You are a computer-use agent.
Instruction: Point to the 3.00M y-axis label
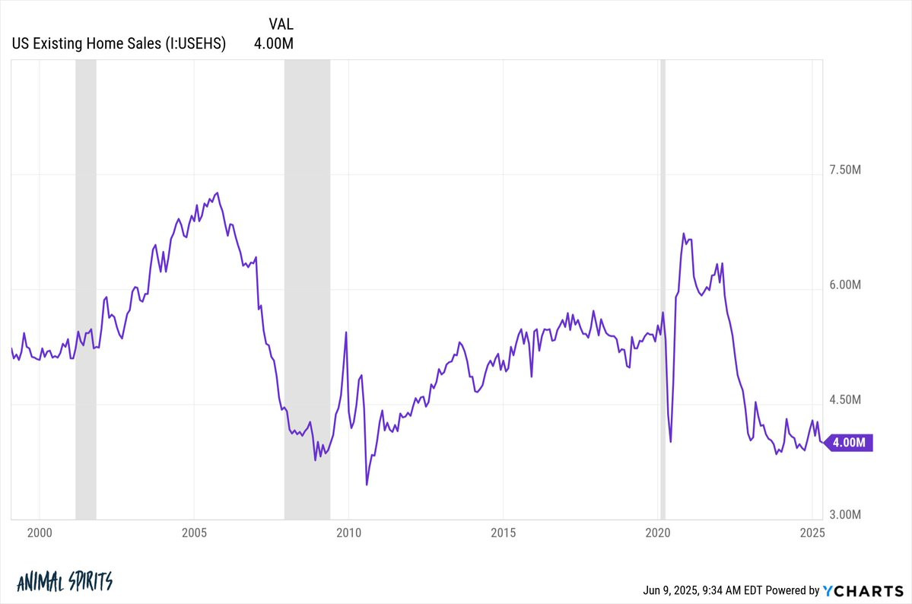(845, 514)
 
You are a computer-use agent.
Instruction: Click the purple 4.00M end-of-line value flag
(849, 443)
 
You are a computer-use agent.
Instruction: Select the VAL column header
(281, 24)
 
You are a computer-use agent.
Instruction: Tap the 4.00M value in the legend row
(273, 43)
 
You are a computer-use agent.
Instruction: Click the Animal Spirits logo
(65, 582)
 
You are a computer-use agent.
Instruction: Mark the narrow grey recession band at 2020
(663, 289)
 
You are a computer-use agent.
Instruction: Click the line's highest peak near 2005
(218, 192)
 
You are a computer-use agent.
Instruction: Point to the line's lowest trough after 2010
(367, 485)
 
